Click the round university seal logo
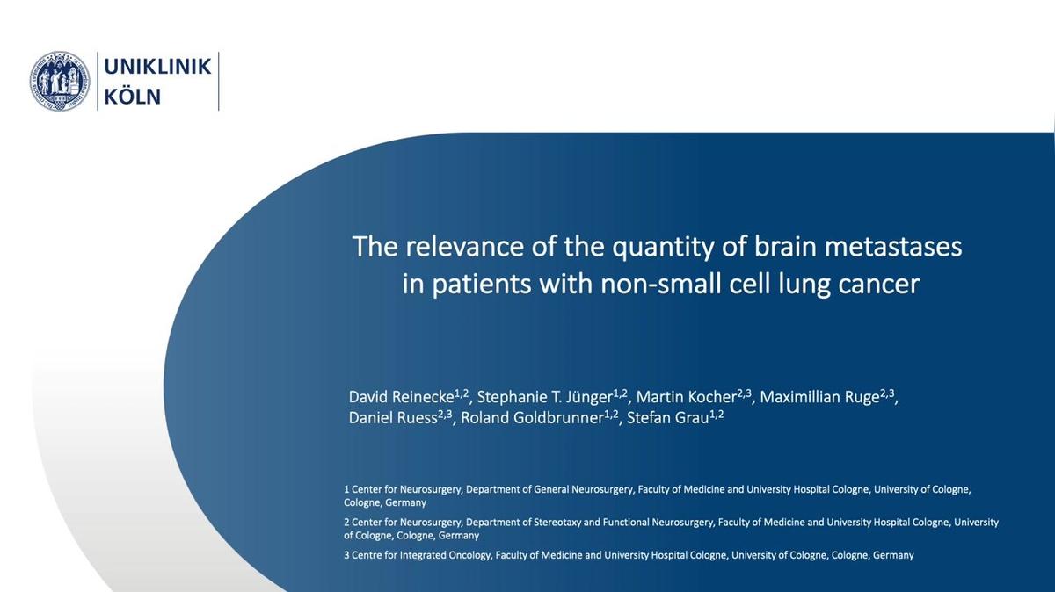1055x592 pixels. (x=60, y=82)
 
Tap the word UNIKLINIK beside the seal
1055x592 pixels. (x=157, y=67)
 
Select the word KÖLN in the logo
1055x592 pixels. (x=133, y=96)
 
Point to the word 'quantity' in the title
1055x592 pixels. (x=663, y=248)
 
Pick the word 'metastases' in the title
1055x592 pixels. (x=893, y=246)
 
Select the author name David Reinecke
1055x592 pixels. (x=401, y=397)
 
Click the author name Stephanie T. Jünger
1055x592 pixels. (x=544, y=397)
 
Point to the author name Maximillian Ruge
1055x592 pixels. (x=819, y=398)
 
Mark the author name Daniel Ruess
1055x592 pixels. (x=393, y=418)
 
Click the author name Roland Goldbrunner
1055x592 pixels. (x=532, y=418)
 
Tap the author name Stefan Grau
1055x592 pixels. (x=668, y=418)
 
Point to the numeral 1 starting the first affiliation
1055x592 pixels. (x=346, y=489)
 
